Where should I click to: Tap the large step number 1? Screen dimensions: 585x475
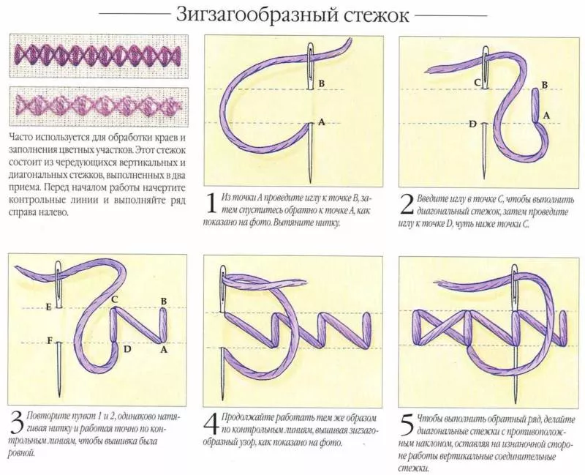click(x=211, y=203)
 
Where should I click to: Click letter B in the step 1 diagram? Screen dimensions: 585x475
click(x=321, y=83)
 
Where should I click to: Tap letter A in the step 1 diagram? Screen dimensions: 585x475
click(x=321, y=121)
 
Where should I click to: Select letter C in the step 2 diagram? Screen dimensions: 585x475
click(x=477, y=83)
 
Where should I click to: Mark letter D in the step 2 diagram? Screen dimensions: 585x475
click(x=472, y=124)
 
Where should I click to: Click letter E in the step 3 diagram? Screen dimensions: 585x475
click(x=48, y=307)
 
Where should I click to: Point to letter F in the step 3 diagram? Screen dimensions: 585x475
click(x=49, y=340)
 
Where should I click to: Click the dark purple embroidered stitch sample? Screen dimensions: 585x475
click(x=98, y=56)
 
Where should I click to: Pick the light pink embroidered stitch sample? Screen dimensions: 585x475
click(x=98, y=105)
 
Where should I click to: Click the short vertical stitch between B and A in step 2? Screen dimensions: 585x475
click(x=535, y=105)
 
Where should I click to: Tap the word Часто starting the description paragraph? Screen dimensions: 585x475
click(x=20, y=137)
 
